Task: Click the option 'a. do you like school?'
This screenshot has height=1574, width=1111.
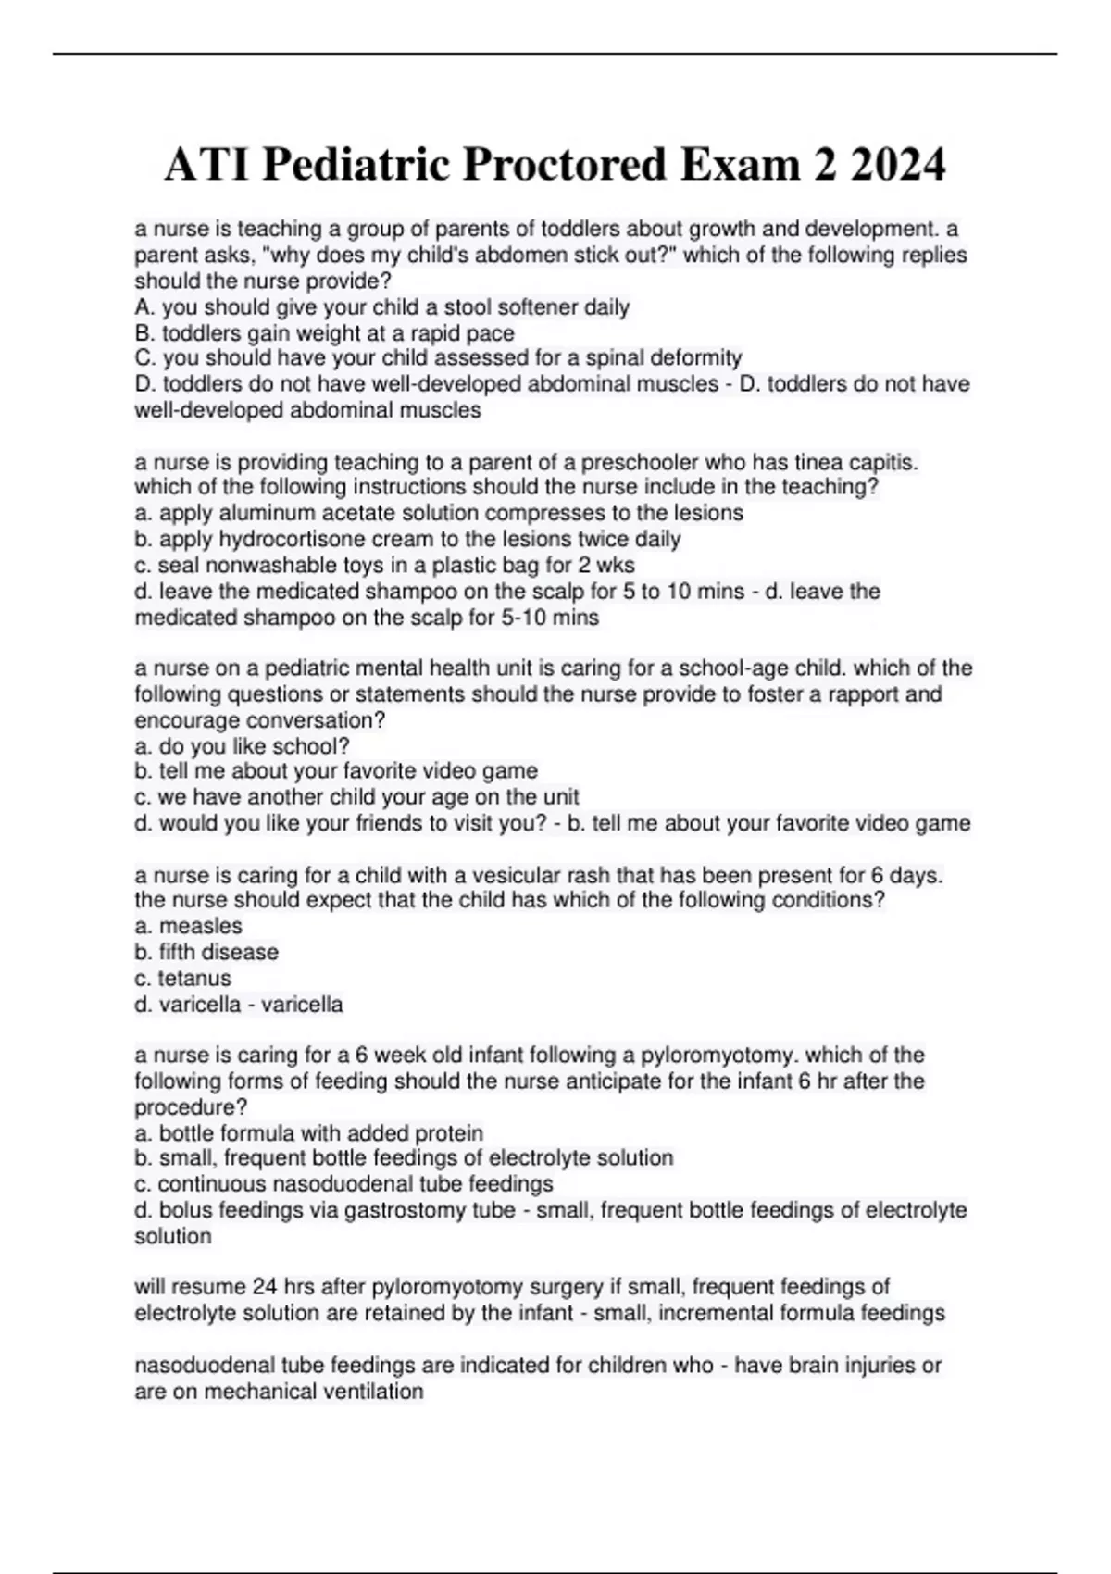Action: coord(242,746)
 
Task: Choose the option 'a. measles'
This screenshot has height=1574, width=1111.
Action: coord(189,926)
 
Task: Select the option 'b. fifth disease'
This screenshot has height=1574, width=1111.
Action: coord(206,952)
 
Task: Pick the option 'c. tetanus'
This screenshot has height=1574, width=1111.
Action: coord(183,978)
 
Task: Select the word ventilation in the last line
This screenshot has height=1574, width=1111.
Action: coord(368,1392)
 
